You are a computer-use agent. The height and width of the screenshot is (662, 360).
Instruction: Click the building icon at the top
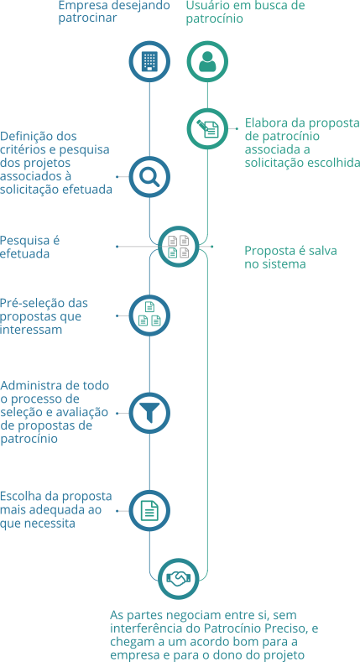pos(149,61)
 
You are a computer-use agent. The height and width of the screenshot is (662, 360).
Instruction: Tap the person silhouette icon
pos(207,61)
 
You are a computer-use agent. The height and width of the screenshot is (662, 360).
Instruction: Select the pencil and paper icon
pos(207,128)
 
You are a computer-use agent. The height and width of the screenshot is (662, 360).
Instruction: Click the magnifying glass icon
pos(149,177)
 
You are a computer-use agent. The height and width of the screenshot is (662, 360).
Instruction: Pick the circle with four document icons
pos(179,247)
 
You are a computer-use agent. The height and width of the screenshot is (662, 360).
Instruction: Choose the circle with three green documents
pos(149,315)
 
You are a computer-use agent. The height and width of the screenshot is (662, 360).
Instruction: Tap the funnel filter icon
pos(149,413)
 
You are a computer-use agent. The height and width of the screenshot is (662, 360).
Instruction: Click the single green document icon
pos(149,510)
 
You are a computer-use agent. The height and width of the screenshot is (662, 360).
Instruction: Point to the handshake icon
pos(179,578)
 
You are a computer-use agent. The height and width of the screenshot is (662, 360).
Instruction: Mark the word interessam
pos(31,330)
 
